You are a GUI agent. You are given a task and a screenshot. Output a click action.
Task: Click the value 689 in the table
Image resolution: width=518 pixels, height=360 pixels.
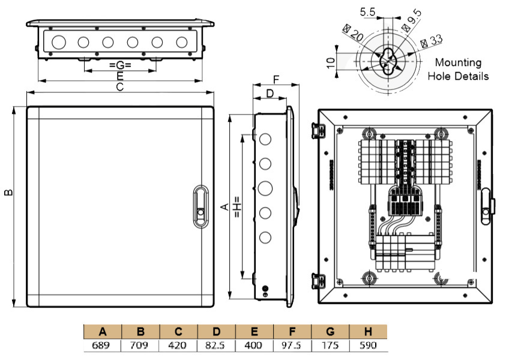(x=103, y=346)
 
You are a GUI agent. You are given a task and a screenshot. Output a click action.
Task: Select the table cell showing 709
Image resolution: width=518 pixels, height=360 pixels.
(x=140, y=346)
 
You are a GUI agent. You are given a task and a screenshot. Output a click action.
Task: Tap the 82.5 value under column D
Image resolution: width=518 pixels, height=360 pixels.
(x=216, y=346)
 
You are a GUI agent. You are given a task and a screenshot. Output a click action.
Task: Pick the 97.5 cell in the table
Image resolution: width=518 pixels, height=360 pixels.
(x=292, y=346)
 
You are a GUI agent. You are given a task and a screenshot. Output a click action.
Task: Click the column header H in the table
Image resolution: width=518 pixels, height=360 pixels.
(x=368, y=331)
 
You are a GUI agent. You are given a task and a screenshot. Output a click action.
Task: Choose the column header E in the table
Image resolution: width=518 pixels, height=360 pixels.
(x=254, y=331)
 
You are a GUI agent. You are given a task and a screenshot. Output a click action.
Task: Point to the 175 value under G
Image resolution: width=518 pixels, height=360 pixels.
(x=330, y=346)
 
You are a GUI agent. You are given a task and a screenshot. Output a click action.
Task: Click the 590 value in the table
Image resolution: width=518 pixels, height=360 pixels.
(x=368, y=346)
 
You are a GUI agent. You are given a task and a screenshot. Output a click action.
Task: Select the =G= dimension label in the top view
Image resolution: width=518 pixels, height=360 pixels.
(x=120, y=64)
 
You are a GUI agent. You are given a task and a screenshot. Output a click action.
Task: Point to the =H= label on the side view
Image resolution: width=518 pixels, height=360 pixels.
(x=236, y=206)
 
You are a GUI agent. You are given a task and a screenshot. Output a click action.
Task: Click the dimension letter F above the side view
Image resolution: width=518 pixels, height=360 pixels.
(x=276, y=80)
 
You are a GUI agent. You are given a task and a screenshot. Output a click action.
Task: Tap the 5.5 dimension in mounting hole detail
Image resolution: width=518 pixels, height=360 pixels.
(x=368, y=11)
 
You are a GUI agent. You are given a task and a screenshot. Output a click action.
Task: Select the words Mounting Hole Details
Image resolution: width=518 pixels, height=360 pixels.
(x=458, y=69)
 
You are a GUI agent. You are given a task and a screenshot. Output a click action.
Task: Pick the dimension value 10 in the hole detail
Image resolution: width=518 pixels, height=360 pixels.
(x=331, y=62)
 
